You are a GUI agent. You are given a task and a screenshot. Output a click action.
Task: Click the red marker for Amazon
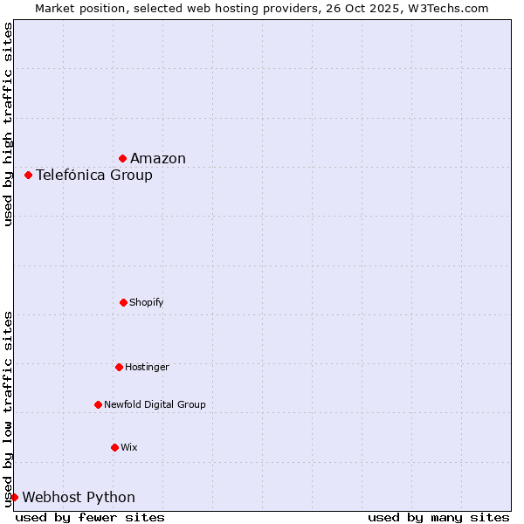(123, 158)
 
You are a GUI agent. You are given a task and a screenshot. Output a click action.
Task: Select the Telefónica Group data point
(29, 175)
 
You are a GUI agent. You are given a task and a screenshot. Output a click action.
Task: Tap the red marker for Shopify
(123, 302)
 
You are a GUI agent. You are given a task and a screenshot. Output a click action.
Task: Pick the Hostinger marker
(119, 367)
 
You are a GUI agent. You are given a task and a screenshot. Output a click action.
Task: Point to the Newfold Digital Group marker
(98, 404)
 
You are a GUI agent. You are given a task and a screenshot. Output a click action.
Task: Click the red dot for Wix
(114, 447)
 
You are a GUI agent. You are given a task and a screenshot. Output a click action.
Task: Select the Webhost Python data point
(15, 497)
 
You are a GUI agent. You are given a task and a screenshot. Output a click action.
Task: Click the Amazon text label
(158, 158)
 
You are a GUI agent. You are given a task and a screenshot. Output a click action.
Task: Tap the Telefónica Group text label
(94, 175)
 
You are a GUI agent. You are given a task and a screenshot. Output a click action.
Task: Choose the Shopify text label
(147, 302)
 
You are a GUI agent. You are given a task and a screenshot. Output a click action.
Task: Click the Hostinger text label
(147, 367)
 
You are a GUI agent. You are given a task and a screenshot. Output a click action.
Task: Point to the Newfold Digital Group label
(155, 404)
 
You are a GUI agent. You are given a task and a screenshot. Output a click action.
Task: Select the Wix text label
(129, 447)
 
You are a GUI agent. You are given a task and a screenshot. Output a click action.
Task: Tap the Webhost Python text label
(79, 497)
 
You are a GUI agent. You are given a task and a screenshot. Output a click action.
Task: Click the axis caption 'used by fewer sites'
(90, 517)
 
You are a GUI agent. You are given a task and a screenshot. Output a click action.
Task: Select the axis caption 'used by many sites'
(438, 517)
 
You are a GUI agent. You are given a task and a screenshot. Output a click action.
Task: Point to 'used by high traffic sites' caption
(8, 124)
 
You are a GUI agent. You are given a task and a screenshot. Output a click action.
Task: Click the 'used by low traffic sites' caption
(8, 409)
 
